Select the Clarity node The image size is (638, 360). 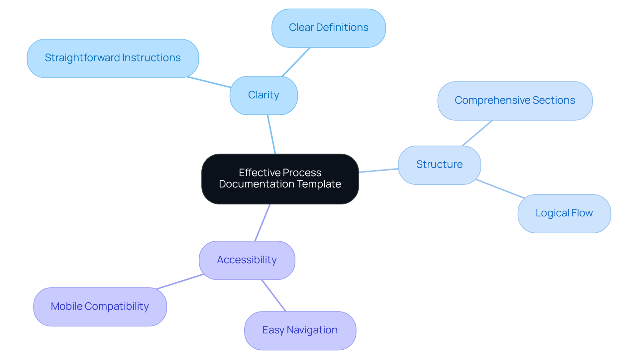point(264,95)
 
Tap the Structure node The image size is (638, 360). point(439,165)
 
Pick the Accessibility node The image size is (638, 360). point(247,260)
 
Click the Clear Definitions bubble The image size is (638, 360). point(328,28)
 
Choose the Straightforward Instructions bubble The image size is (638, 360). point(113,58)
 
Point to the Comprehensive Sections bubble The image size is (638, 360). point(515,101)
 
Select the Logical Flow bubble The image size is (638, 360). point(564,213)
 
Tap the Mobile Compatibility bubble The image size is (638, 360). point(100,306)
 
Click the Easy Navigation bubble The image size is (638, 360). point(300,330)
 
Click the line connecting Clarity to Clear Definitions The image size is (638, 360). point(296,62)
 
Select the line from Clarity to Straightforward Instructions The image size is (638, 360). point(209,82)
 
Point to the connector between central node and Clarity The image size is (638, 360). point(271,134)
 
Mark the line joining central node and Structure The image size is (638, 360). point(378,171)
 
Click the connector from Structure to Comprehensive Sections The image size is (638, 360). point(477,133)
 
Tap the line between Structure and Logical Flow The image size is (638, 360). point(500,189)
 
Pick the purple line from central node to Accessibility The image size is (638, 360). point(263,222)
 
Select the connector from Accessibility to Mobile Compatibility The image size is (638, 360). point(180,282)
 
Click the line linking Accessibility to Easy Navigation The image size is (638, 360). point(274,296)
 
